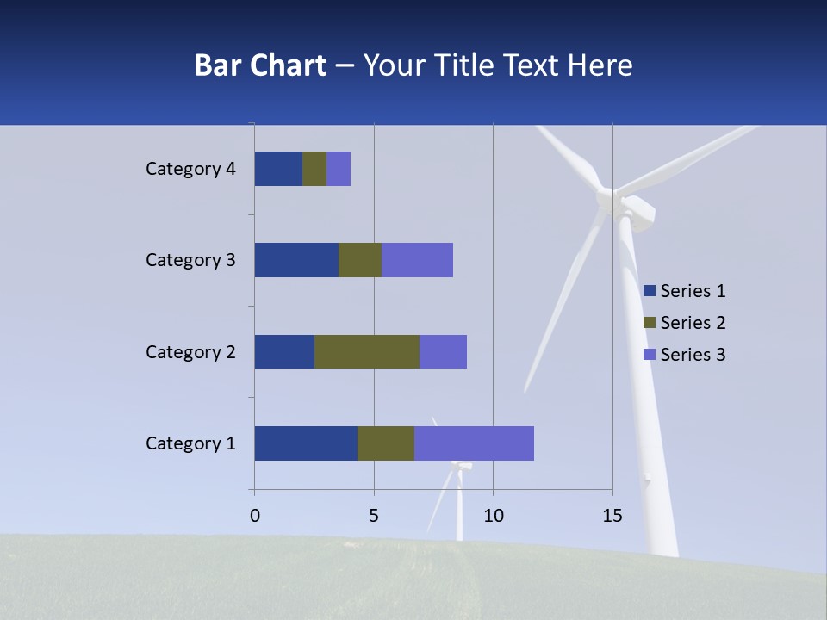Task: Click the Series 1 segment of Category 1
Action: [306, 443]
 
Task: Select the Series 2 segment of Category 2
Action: [367, 351]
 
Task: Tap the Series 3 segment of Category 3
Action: [417, 260]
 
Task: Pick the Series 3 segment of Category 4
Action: [339, 169]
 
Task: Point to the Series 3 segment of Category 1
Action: [474, 443]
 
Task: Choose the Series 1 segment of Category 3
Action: [296, 260]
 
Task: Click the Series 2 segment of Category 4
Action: [314, 169]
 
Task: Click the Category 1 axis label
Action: [190, 443]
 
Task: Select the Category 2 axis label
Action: [190, 351]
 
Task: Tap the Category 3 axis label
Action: [190, 260]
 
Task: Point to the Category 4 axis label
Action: [190, 169]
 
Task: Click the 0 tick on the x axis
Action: [255, 516]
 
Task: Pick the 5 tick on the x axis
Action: [374, 516]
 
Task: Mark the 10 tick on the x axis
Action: [493, 516]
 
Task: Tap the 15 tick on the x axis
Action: [612, 516]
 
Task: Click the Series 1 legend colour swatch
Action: [649, 291]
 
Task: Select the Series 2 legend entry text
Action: [693, 323]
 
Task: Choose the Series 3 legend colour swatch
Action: [649, 355]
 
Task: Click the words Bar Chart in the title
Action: [260, 65]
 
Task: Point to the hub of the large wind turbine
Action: [613, 201]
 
